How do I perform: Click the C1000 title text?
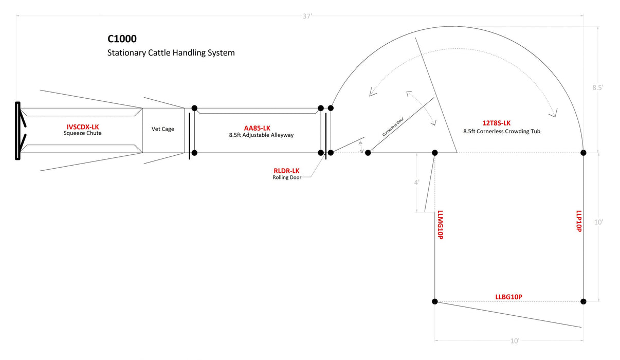(x=122, y=39)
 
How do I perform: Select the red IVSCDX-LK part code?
(x=83, y=127)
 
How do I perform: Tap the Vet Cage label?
(x=162, y=129)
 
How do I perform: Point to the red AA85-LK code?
(x=257, y=128)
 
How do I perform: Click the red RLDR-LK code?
(x=286, y=171)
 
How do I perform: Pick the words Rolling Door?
(x=287, y=178)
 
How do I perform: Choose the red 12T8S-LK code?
(x=496, y=123)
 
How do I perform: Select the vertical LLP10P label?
(x=578, y=221)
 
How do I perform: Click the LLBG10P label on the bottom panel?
(x=508, y=297)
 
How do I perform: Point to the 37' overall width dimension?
(x=307, y=16)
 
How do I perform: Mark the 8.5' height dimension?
(x=597, y=87)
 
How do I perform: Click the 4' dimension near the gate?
(x=417, y=182)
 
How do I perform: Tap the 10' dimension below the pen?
(x=515, y=341)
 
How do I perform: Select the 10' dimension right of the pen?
(x=598, y=222)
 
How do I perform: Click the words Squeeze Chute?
(x=83, y=134)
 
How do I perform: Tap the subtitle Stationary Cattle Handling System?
(x=171, y=52)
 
